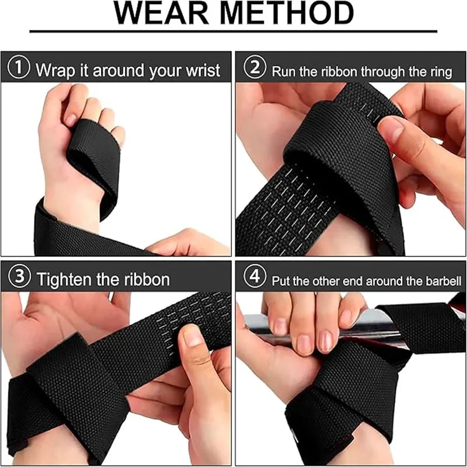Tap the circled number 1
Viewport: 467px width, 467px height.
click(x=20, y=69)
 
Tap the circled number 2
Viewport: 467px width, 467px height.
click(x=254, y=69)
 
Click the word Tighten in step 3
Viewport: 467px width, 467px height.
click(x=65, y=279)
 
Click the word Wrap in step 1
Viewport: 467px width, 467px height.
click(x=55, y=71)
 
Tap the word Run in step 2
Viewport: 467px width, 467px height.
click(x=283, y=72)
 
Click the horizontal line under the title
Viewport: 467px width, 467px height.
click(x=233, y=31)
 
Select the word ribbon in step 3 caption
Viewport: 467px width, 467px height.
click(x=144, y=279)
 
